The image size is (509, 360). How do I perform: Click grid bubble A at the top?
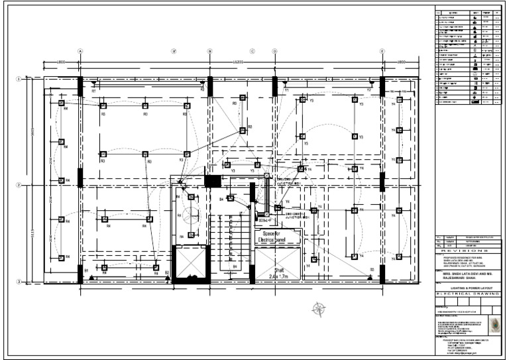80,50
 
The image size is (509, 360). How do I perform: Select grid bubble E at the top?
382,50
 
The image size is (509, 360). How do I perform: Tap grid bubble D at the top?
274,50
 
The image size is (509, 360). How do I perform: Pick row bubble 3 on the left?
18,282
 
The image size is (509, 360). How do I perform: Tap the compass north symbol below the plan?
320,308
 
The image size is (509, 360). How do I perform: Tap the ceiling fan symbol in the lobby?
191,215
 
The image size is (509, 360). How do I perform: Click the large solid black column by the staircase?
213,180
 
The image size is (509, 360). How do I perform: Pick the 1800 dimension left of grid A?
61,62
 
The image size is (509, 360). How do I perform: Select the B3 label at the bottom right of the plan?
372,269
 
